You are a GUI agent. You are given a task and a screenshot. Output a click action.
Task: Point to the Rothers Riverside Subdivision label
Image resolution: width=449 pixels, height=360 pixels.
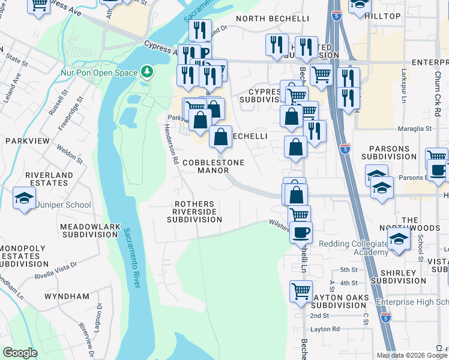pyautogui.click(x=194, y=212)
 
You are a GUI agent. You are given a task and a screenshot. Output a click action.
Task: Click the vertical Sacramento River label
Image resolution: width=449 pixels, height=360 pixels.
pyautogui.click(x=132, y=257)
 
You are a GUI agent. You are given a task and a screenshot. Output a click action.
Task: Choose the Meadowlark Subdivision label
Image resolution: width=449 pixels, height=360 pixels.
pyautogui.click(x=88, y=230)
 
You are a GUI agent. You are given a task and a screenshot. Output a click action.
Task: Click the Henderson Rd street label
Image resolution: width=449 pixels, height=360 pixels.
pyautogui.click(x=171, y=144)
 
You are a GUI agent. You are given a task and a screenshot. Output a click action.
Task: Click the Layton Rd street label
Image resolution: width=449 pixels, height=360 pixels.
pyautogui.click(x=325, y=329)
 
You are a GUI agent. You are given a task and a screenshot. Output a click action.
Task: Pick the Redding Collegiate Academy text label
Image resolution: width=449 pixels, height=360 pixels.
pyautogui.click(x=353, y=248)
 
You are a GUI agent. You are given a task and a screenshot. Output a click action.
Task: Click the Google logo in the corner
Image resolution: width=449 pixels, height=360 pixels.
pyautogui.click(x=20, y=353)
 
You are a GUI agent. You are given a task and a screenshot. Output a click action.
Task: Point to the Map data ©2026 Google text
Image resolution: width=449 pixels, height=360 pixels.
pyautogui.click(x=411, y=355)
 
